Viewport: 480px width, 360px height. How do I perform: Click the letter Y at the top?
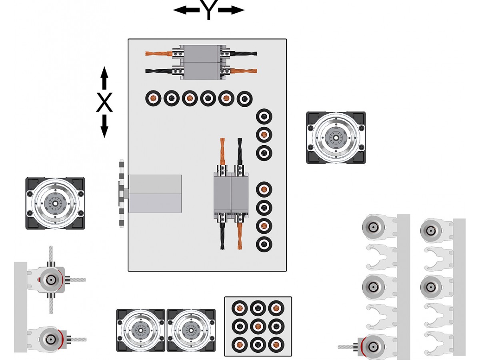tap(208, 10)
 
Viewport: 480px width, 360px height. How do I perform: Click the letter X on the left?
tap(104, 103)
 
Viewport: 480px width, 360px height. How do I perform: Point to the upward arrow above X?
tap(104, 78)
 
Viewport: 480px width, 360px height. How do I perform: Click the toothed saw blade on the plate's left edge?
tap(122, 194)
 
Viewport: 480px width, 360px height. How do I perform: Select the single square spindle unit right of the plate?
tap(336, 137)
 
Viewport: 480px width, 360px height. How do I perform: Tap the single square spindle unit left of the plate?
tap(55, 203)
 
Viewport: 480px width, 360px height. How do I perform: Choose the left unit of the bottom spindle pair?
tap(140, 330)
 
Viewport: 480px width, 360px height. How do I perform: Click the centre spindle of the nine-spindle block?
tap(258, 326)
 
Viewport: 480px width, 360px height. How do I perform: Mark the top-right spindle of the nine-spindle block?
tap(276, 308)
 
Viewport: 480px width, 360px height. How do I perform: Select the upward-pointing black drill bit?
tap(240, 151)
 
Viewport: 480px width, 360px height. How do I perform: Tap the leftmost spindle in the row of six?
tap(153, 98)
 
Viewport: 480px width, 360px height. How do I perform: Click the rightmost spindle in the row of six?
tap(244, 98)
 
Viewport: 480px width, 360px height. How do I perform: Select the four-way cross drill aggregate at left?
tap(51, 280)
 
